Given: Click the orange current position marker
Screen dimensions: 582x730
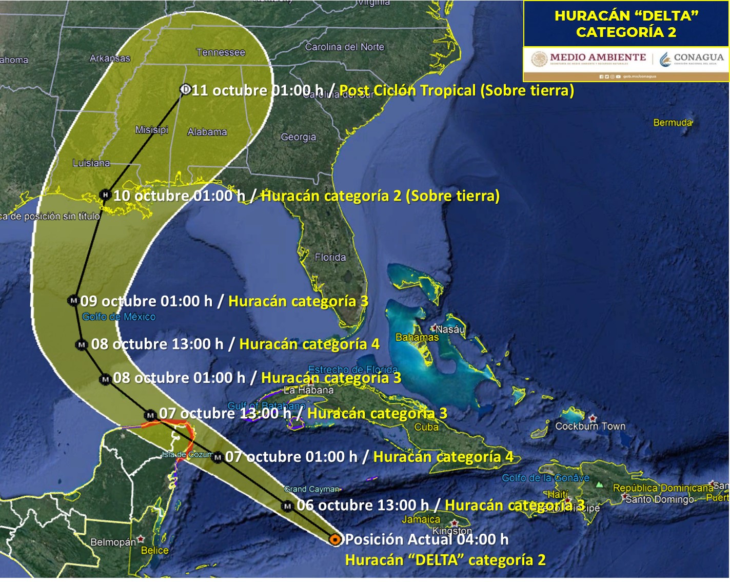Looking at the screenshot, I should point(335,539).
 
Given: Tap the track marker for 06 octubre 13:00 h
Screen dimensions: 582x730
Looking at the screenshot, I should point(287,506).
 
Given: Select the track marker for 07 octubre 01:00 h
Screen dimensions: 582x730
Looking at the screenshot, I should point(218,457).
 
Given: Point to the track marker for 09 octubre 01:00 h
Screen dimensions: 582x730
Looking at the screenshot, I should point(73,300).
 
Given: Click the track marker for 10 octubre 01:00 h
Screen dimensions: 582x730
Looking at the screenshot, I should point(105,195).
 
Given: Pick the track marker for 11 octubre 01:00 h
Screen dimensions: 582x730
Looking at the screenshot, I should point(185,89).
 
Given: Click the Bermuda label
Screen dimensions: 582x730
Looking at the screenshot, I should point(672,123).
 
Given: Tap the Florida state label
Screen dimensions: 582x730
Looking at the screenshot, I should point(330,257).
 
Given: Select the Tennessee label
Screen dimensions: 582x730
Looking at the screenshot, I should point(221,52).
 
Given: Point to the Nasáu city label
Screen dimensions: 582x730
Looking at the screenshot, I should point(450,329).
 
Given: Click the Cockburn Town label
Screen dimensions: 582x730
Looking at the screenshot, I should point(590,426).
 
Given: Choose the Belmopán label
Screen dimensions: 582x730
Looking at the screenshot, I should point(113,542).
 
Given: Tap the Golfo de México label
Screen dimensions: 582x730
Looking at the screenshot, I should point(119,317).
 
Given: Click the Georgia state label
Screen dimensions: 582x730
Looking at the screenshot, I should point(298,137).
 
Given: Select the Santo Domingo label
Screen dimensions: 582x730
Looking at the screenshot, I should point(659,499).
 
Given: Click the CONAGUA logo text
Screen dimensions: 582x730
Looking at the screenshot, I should point(698,57).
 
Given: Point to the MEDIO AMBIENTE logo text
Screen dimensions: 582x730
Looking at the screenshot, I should point(598,57).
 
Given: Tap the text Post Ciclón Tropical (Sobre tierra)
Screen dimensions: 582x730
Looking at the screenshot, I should point(457,91).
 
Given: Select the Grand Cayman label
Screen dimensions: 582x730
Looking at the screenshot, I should point(312,489).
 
